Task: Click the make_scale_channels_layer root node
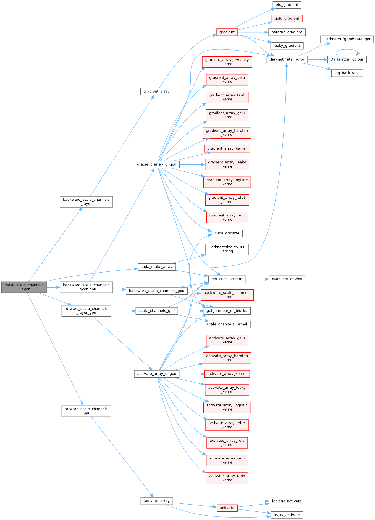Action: click(x=24, y=287)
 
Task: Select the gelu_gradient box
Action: click(x=287, y=19)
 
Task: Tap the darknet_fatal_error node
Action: click(x=287, y=59)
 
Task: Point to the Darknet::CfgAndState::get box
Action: click(x=347, y=39)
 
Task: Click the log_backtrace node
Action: click(x=347, y=73)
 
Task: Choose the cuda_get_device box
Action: click(x=287, y=279)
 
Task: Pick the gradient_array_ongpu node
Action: click(x=157, y=164)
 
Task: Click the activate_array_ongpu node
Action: click(x=157, y=374)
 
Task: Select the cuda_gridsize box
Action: click(x=227, y=233)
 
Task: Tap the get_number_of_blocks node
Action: click(x=227, y=311)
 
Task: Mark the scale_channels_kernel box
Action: click(x=227, y=324)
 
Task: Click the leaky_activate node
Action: click(x=287, y=515)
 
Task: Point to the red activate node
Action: click(x=227, y=508)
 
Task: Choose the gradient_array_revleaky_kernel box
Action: click(x=227, y=62)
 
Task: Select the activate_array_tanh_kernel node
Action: click(x=227, y=478)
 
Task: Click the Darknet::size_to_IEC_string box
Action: click(x=227, y=249)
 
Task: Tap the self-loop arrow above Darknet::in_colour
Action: click(x=347, y=50)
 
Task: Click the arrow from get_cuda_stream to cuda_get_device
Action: click(x=257, y=279)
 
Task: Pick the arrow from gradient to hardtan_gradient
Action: click(x=253, y=32)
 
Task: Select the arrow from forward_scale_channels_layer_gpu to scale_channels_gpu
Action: click(x=123, y=311)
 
